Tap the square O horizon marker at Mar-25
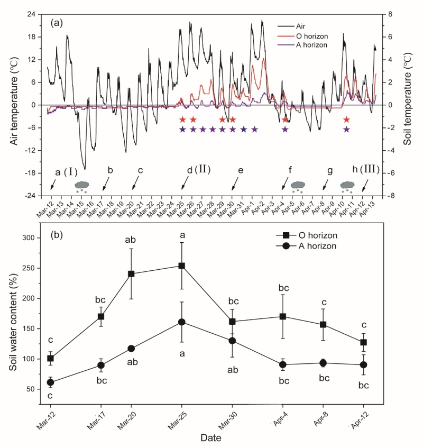[x=182, y=266]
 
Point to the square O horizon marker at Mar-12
[x=51, y=358]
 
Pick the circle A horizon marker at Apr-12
[x=364, y=365]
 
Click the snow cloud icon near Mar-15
[x=82, y=186]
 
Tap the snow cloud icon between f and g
[x=298, y=185]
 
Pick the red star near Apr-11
[x=346, y=120]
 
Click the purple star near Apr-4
[x=285, y=129]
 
